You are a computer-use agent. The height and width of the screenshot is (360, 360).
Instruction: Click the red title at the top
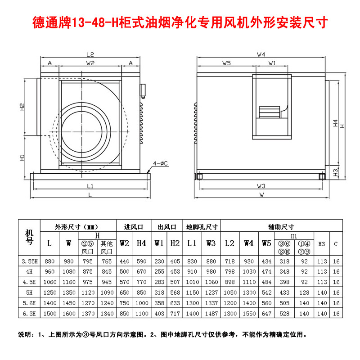click(x=180, y=22)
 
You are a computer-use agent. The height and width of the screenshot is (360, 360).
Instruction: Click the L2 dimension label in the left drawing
click(x=90, y=54)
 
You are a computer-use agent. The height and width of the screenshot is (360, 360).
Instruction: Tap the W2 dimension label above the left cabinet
click(x=90, y=63)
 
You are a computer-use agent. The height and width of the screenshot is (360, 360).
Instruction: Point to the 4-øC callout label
click(x=161, y=163)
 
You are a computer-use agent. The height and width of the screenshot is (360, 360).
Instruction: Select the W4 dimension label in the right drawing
click(x=261, y=54)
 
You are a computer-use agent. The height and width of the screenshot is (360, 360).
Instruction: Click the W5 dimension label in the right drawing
click(x=226, y=63)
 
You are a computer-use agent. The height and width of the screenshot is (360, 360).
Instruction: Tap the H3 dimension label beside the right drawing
click(x=335, y=172)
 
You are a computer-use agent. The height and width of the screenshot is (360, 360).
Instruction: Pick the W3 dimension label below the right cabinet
click(x=261, y=186)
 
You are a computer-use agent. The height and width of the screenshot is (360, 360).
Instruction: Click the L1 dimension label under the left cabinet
click(x=90, y=186)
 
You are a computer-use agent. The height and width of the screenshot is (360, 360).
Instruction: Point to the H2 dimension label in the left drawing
click(x=22, y=107)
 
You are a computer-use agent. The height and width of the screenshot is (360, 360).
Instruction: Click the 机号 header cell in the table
click(x=29, y=237)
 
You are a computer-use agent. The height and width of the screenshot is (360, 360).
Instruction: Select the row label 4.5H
click(x=29, y=282)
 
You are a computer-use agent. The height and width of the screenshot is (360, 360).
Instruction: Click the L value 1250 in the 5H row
click(x=50, y=292)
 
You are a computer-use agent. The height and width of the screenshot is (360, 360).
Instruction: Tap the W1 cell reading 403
click(x=159, y=313)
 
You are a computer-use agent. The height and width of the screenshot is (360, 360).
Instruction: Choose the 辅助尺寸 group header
click(x=281, y=227)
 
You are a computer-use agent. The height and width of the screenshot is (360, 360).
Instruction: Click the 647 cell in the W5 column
click(x=266, y=313)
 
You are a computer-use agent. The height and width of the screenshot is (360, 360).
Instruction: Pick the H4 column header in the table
click(x=141, y=243)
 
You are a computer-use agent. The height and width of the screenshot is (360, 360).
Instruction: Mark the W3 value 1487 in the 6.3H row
click(x=211, y=313)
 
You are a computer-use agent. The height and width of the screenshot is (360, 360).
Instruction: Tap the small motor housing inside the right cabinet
click(x=270, y=112)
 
